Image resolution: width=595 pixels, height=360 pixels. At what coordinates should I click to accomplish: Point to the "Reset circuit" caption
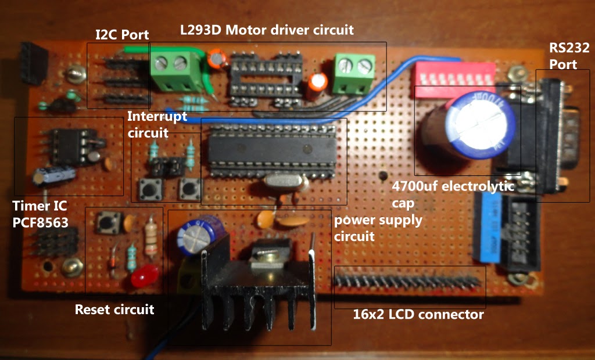pos(114,309)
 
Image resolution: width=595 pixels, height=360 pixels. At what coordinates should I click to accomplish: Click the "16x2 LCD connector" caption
pos(418,315)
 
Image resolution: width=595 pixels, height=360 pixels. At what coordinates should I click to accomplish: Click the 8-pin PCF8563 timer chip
pos(68,145)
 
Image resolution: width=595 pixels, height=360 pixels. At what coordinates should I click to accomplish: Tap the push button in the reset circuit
pos(108,222)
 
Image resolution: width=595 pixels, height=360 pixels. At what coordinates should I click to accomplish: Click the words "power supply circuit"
pos(378,228)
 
